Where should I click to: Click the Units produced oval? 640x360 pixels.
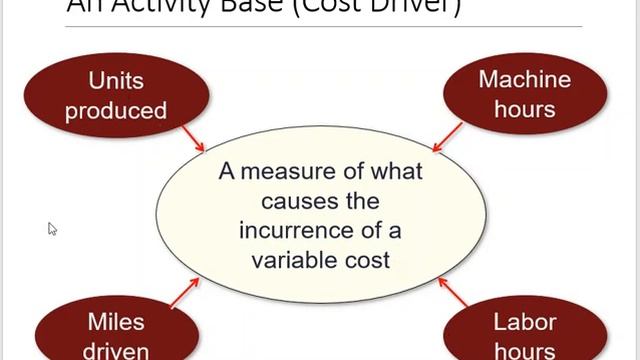point(115,94)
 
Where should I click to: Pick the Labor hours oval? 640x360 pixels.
point(524,334)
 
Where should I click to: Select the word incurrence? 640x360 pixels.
point(296,230)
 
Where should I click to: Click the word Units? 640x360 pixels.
point(116,80)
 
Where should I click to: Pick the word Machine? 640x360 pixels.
point(524,79)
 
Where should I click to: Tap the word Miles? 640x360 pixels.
point(116,322)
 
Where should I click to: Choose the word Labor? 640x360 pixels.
point(524,322)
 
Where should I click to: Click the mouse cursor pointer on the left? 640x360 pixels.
point(52,228)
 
